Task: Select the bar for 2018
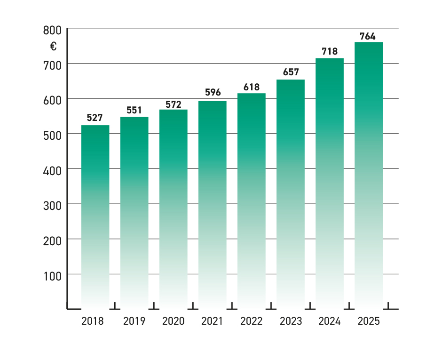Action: click(95, 216)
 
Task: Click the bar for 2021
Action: click(213, 205)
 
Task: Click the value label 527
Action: click(95, 118)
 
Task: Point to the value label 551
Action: click(134, 110)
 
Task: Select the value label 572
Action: click(174, 104)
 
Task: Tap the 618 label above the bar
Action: click(252, 87)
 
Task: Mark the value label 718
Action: click(329, 51)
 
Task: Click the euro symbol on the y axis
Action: click(54, 46)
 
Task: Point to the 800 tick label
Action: click(52, 31)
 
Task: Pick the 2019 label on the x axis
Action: click(134, 322)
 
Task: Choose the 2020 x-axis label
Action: click(174, 322)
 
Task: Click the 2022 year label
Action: click(252, 322)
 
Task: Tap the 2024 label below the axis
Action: click(330, 322)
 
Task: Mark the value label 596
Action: click(213, 92)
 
